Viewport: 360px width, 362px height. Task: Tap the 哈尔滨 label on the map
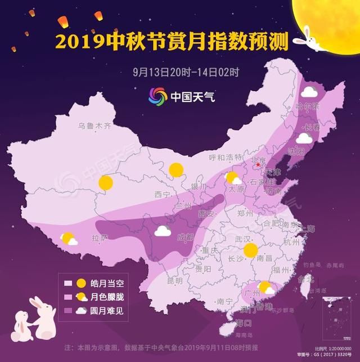click(x=307, y=106)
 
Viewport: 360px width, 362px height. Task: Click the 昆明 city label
click(x=174, y=280)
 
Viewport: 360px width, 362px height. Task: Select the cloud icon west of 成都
click(x=163, y=230)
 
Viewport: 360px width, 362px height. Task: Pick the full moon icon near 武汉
click(x=250, y=251)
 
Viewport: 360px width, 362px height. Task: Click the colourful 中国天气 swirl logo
click(x=157, y=96)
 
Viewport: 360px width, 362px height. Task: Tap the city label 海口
click(x=244, y=323)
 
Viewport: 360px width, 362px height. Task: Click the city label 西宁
click(x=162, y=194)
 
